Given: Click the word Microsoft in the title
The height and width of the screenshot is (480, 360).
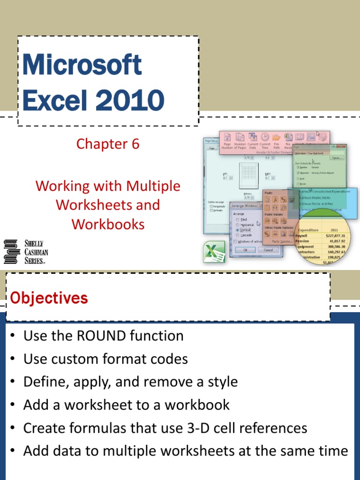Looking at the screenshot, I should pyautogui.click(x=82, y=65).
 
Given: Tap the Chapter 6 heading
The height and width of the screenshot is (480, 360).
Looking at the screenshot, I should pyautogui.click(x=108, y=144).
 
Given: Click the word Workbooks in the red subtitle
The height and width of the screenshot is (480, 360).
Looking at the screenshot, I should pyautogui.click(x=108, y=224).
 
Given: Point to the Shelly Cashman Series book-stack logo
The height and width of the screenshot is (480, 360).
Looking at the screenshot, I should pyautogui.click(x=10, y=252).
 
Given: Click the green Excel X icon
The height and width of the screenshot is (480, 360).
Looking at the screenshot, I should pyautogui.click(x=214, y=252).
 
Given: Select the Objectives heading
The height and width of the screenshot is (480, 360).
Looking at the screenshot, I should pyautogui.click(x=49, y=298).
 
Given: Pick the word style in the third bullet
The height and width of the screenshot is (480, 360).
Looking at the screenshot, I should pyautogui.click(x=220, y=382).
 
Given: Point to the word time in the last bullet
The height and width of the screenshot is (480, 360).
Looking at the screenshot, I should pyautogui.click(x=330, y=451).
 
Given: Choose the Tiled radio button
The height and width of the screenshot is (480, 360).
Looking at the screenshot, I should pyautogui.click(x=238, y=219).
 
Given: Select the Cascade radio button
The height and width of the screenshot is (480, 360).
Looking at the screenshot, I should pyautogui.click(x=238, y=235).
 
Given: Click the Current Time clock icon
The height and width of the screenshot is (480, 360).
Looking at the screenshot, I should pyautogui.click(x=265, y=137).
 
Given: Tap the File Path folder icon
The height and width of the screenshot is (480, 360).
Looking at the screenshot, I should pyautogui.click(x=277, y=137).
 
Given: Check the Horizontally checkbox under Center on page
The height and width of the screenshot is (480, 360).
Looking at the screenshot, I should pyautogui.click(x=212, y=206).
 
